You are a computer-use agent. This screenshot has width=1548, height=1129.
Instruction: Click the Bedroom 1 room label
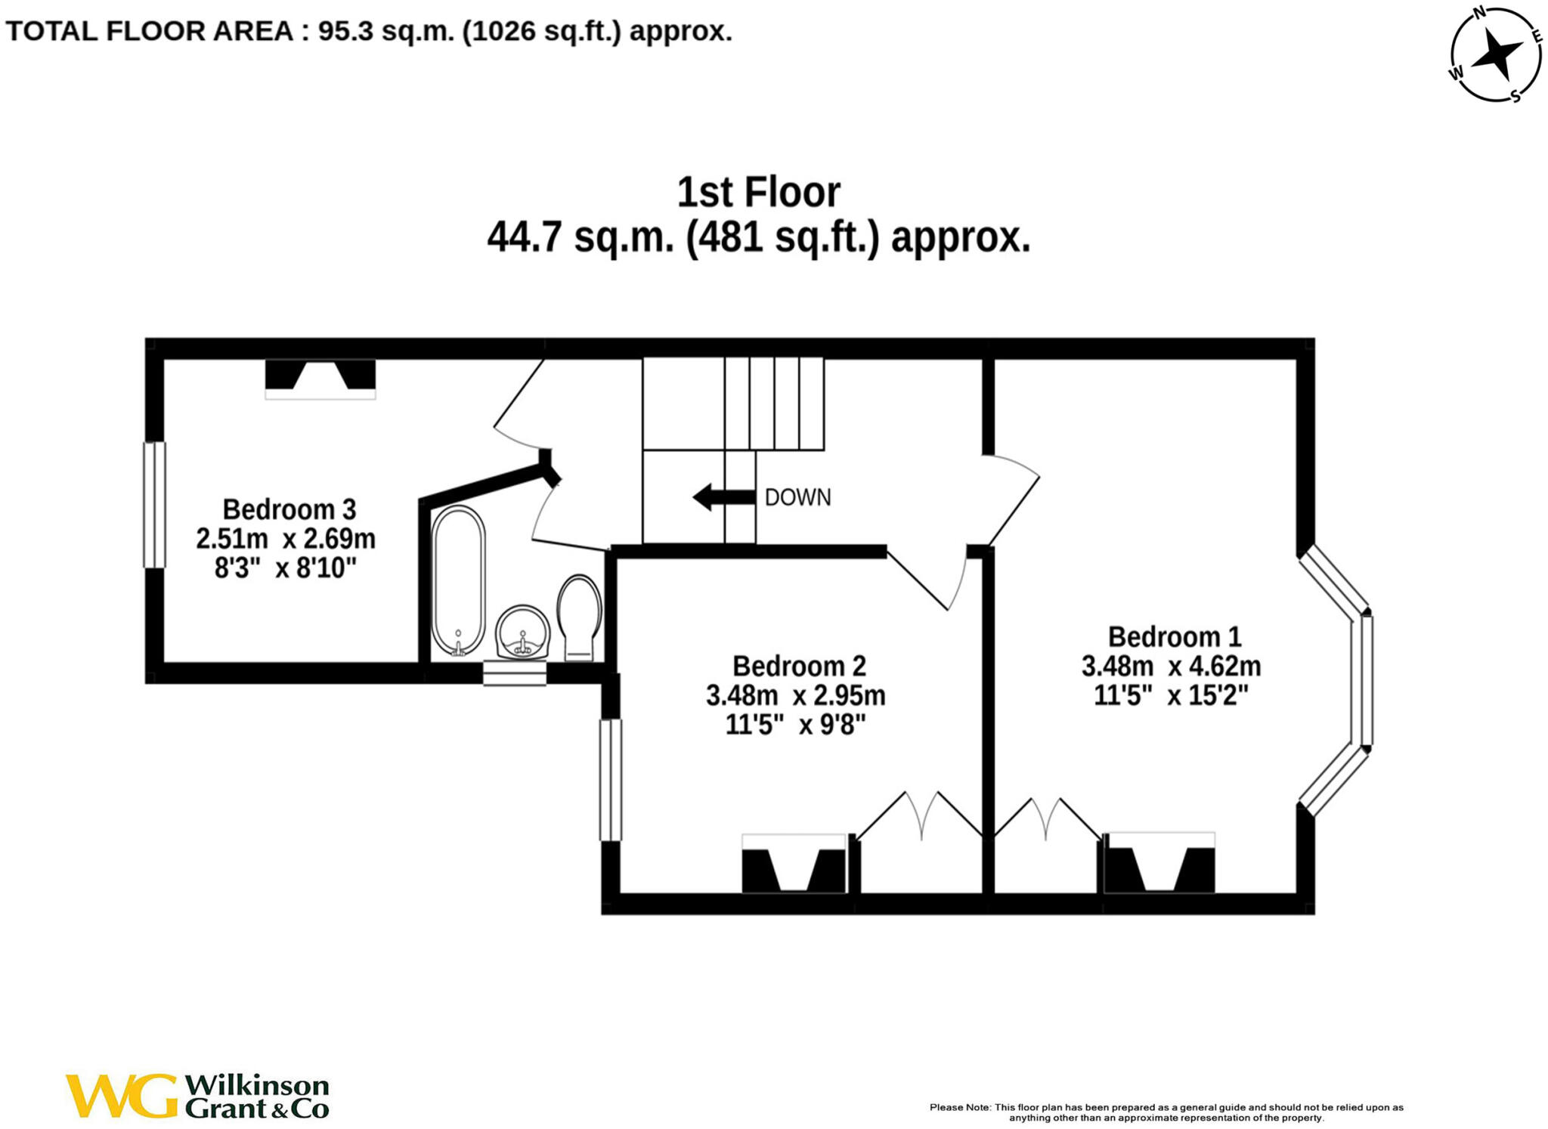click(1174, 637)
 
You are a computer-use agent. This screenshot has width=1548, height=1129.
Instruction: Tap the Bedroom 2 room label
click(798, 666)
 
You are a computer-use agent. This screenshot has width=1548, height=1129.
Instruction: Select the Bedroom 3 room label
click(289, 509)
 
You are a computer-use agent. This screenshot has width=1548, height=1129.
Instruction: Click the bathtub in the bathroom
click(459, 580)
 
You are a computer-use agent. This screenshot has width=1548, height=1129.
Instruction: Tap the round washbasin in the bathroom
click(523, 632)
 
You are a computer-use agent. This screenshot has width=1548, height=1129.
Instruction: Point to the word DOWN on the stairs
click(797, 497)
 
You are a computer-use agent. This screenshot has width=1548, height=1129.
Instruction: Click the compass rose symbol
click(1496, 54)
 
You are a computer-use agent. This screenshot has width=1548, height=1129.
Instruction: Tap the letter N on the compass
click(1479, 12)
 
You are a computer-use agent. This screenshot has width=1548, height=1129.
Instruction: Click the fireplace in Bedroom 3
click(320, 377)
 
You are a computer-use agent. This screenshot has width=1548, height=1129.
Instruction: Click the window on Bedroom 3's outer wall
click(154, 505)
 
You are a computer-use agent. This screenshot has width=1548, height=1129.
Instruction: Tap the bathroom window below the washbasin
click(515, 673)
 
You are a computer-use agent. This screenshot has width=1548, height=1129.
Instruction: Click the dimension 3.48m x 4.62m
click(1171, 667)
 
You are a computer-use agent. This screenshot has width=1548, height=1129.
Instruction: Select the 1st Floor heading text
click(758, 192)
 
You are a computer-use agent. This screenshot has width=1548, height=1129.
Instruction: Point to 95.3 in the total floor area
click(345, 31)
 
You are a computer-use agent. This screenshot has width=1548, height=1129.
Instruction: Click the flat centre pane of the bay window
click(1367, 680)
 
